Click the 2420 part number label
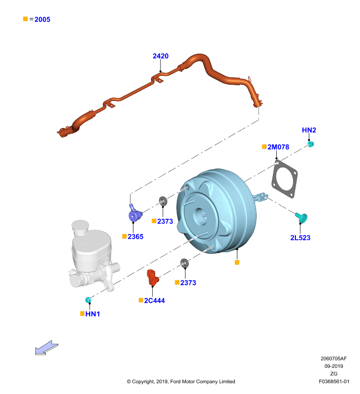[x=161, y=56]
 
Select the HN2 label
[x=309, y=130]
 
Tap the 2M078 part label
[x=278, y=147]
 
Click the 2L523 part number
[x=300, y=237]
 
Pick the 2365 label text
[x=135, y=236]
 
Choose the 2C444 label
[x=154, y=300]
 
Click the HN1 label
[x=93, y=314]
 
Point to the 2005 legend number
[x=42, y=19]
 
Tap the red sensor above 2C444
[x=153, y=277]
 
